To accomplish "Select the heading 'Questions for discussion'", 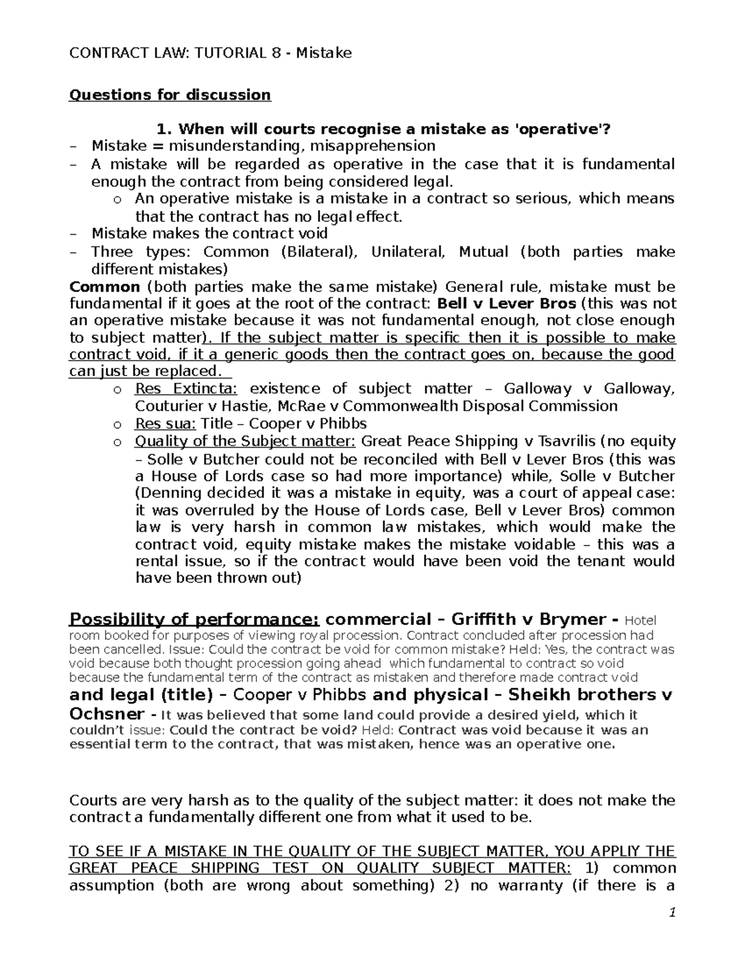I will [x=170, y=95].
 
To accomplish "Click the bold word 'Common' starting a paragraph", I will [x=104, y=287].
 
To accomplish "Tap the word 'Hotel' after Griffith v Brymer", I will [x=639, y=621].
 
